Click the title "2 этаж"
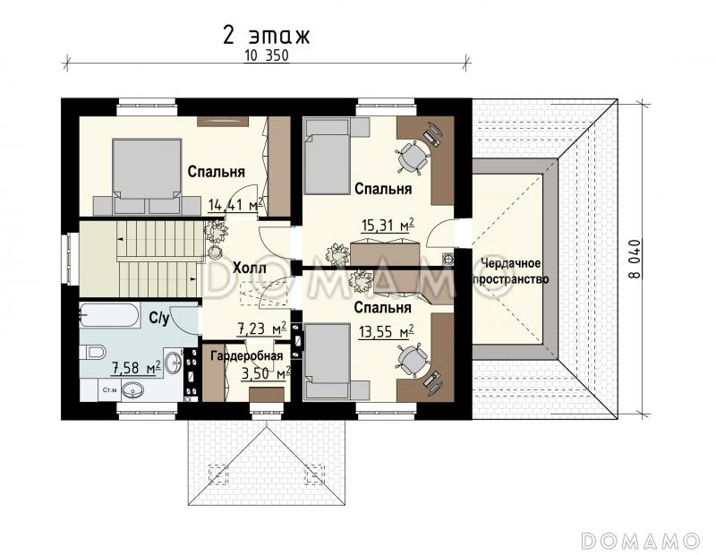pos(266,35)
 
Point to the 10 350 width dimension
pos(267,55)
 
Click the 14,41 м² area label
pos(235,205)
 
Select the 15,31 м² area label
pos(388,225)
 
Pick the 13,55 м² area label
pos(386,331)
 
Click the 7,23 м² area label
pos(261,328)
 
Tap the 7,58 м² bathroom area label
pos(136,367)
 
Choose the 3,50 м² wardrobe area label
pos(266,373)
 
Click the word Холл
pos(250,268)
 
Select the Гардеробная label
pos(246,356)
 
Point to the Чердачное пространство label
pos(510,271)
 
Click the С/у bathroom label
pos(159,318)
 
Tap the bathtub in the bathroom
pos(109,315)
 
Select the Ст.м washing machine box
pos(108,390)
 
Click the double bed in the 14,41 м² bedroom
pos(147,176)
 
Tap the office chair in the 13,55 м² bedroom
pos(413,360)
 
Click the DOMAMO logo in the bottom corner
pos(641,541)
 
